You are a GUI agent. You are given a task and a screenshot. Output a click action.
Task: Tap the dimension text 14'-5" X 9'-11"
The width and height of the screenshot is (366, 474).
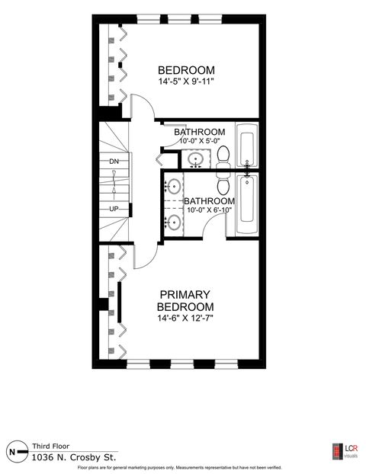point(185,82)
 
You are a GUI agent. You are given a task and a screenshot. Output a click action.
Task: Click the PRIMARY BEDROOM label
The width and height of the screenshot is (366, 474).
point(185,299)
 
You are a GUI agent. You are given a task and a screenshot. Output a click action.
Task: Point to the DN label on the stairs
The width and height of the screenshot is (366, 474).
point(114,162)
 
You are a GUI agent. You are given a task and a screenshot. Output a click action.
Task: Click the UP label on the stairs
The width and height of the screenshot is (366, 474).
point(114,208)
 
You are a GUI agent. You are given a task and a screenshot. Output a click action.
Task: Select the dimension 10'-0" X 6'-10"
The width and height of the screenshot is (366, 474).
point(207,212)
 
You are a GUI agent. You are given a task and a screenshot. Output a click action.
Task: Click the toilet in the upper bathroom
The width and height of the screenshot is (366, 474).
point(223,157)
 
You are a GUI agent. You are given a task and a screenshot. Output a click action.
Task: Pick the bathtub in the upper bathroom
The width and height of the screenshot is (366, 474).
point(247,147)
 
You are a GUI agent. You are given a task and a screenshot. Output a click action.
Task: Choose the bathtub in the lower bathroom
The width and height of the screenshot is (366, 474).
point(247,206)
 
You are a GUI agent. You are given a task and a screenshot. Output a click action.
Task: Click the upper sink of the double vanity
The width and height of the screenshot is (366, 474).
point(174,186)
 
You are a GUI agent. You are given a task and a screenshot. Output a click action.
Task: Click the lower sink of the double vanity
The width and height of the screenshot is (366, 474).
point(174,222)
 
